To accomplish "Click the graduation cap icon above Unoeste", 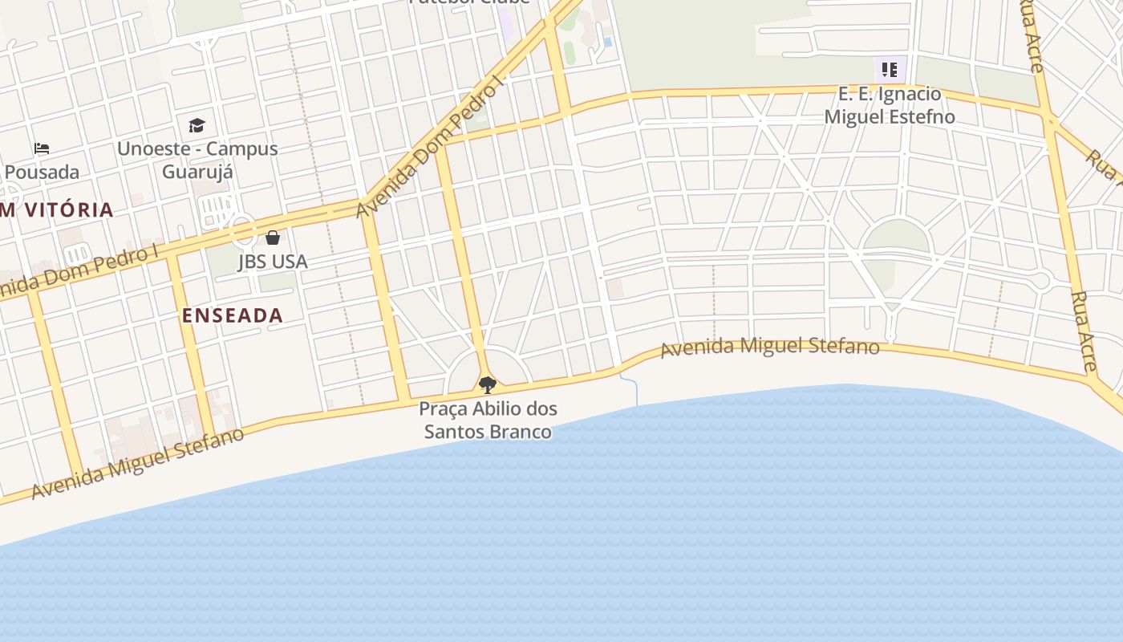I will coord(197,125).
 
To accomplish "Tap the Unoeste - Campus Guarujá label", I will coord(197,160).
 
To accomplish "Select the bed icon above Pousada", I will coord(42,148).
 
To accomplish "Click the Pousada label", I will coord(42,172).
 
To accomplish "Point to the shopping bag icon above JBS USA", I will coord(273,238).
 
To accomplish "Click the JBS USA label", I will coord(273,262).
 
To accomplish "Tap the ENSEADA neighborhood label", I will coord(233,315).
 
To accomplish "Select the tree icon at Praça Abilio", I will coord(487,385).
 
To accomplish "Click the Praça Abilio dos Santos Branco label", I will coord(488,420).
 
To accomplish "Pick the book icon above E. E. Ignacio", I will coord(889,70).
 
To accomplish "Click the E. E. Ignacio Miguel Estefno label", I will coord(890,105).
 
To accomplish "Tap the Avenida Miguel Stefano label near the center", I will coord(770,347).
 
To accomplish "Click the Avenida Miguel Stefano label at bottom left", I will coord(137,463).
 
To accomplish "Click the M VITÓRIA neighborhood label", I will coord(56,210).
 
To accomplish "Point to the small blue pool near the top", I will coord(607,42).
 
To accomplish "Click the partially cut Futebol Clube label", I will coord(469,2).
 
